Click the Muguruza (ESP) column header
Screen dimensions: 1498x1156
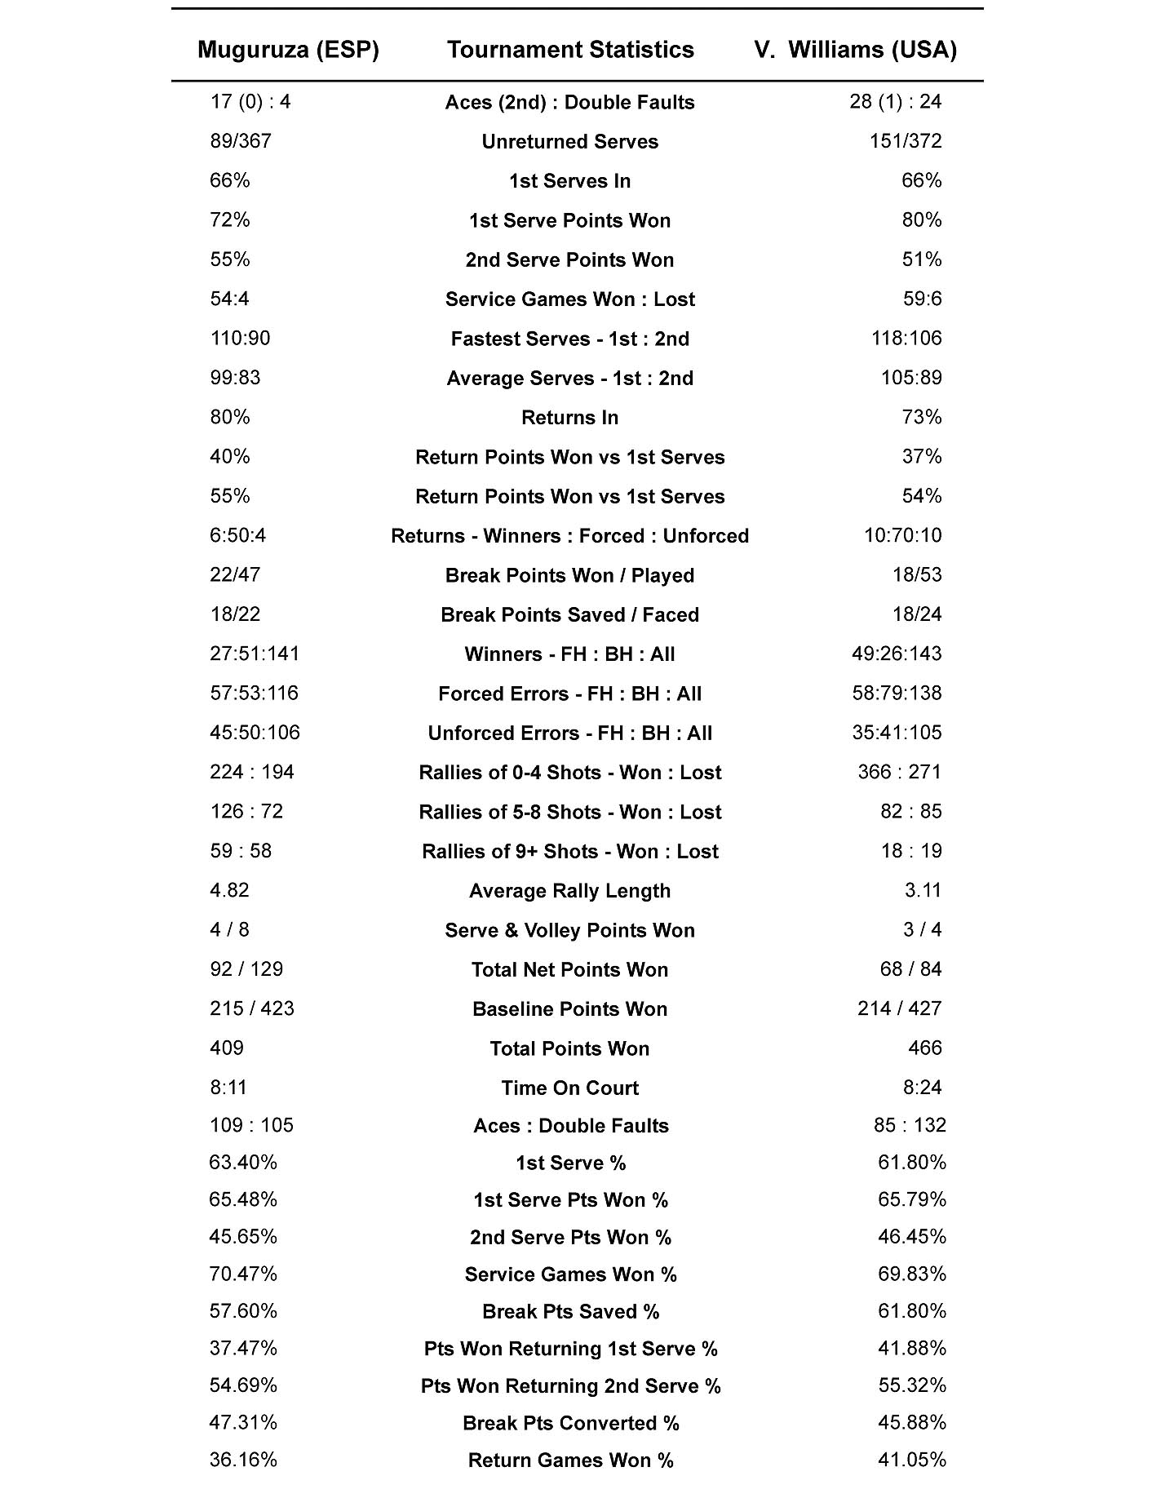click(x=288, y=51)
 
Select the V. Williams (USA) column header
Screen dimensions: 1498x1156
click(x=855, y=51)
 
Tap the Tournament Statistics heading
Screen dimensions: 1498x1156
click(x=570, y=51)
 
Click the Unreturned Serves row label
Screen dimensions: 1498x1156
click(x=569, y=142)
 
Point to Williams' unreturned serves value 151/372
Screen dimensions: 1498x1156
click(x=905, y=141)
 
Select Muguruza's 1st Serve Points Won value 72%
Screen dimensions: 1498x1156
click(x=230, y=220)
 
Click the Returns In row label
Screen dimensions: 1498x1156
click(x=569, y=418)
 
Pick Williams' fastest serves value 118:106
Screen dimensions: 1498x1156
click(x=906, y=339)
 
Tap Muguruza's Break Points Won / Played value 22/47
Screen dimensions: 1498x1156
click(x=235, y=575)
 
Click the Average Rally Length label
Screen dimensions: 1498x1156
click(x=569, y=891)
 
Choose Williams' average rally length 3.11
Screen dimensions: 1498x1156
click(x=923, y=890)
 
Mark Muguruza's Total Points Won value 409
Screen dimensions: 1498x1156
click(x=227, y=1048)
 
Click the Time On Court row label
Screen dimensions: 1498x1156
click(x=569, y=1088)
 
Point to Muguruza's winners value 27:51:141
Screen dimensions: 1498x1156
click(x=255, y=654)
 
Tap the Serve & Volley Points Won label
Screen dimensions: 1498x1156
click(x=569, y=931)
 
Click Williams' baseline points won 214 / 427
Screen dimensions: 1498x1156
click(x=899, y=1009)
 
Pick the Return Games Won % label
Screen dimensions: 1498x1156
click(x=570, y=1460)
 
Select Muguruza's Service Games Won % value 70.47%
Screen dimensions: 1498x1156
click(x=243, y=1274)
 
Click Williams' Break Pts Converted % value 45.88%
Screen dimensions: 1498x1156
click(x=911, y=1423)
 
